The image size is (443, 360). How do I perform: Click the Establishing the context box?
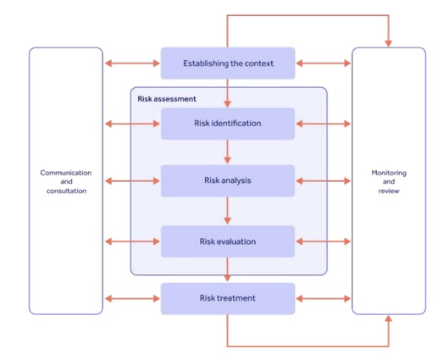tap(228, 64)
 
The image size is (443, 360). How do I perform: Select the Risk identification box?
tap(228, 124)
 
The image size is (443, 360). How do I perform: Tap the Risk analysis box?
tap(228, 180)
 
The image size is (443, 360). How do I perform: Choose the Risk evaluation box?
tap(228, 241)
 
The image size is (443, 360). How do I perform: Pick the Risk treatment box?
tap(228, 298)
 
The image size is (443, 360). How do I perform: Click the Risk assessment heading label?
tap(167, 99)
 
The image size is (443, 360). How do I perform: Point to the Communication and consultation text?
tap(66, 181)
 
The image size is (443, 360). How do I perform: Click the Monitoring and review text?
tap(389, 181)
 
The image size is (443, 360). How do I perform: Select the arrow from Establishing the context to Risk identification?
tap(228, 92)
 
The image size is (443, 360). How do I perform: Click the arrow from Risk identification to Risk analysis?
tap(228, 152)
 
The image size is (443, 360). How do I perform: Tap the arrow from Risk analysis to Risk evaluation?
tap(228, 211)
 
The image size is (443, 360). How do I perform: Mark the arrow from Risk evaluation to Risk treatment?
tap(228, 270)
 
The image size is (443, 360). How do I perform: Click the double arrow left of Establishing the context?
tap(131, 64)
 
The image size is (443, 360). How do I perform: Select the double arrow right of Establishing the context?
tap(323, 64)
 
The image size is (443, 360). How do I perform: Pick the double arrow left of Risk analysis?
tap(131, 180)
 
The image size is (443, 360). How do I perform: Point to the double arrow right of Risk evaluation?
tap(323, 241)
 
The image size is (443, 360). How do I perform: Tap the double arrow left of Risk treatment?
tap(131, 298)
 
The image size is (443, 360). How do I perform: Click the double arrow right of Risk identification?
tap(323, 124)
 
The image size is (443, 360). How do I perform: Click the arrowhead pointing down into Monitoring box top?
tap(389, 42)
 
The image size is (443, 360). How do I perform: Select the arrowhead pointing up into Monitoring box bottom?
tap(389, 320)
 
